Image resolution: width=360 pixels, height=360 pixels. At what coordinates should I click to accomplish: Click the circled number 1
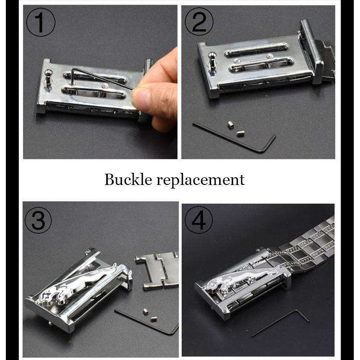coord(40,22)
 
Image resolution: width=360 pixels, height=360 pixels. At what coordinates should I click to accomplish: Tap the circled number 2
coord(199,22)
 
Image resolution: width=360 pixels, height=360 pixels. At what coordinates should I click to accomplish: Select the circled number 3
coord(38,220)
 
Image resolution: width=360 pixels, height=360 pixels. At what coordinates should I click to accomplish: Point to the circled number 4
coord(198,220)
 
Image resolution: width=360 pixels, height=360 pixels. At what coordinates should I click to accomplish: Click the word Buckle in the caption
coord(128,179)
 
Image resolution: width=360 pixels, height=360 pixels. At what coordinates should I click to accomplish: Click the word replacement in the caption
coord(200,180)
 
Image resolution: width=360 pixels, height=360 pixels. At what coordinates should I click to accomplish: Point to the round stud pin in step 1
coord(49,77)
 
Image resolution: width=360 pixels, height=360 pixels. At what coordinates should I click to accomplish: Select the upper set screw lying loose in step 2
coord(231,125)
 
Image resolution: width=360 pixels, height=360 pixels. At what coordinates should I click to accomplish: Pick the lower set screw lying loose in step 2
coord(240,133)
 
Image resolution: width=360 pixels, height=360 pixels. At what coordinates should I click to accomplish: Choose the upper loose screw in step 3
coord(145,311)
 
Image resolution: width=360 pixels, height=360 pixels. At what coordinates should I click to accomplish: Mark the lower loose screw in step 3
coord(153,319)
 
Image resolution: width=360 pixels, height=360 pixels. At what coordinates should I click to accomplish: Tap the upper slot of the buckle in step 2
coord(256,50)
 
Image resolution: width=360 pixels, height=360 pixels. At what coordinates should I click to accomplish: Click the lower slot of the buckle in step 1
coord(94,93)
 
